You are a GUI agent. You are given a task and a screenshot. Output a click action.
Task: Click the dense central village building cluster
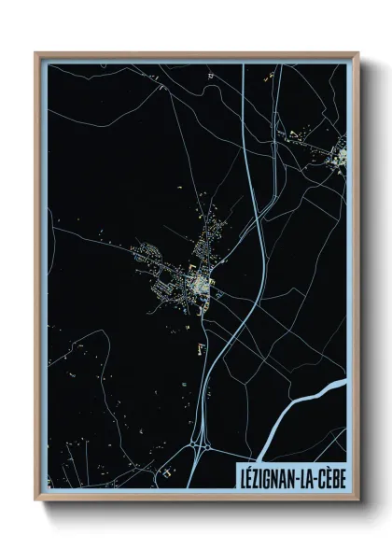tap(199, 280)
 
